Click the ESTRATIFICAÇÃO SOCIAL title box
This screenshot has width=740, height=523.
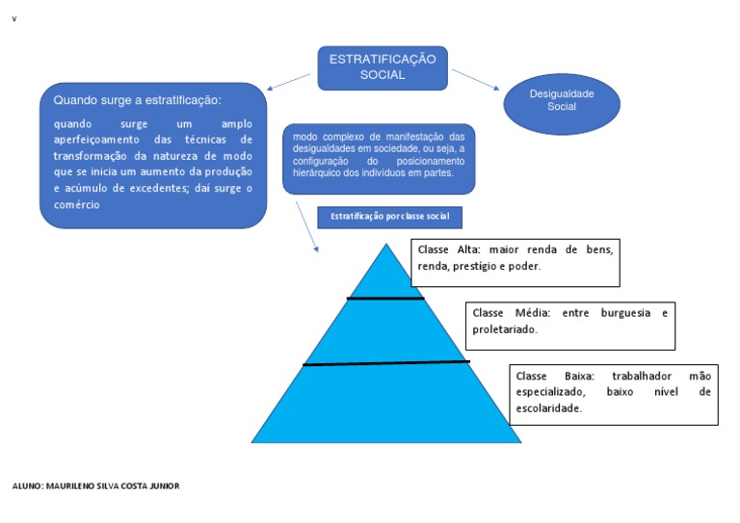383,67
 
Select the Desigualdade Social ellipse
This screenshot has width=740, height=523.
562,101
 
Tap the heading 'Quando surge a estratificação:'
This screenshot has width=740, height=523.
138,100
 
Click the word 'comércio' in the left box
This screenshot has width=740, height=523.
77,205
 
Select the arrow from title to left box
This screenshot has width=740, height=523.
291,80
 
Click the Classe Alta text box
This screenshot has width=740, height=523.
515,263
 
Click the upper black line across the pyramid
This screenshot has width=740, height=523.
385,299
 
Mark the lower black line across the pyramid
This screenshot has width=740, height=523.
385,363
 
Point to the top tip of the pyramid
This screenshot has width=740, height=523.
386,247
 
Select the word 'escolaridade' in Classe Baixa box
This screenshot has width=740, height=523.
549,409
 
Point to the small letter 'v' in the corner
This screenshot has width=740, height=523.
14,19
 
